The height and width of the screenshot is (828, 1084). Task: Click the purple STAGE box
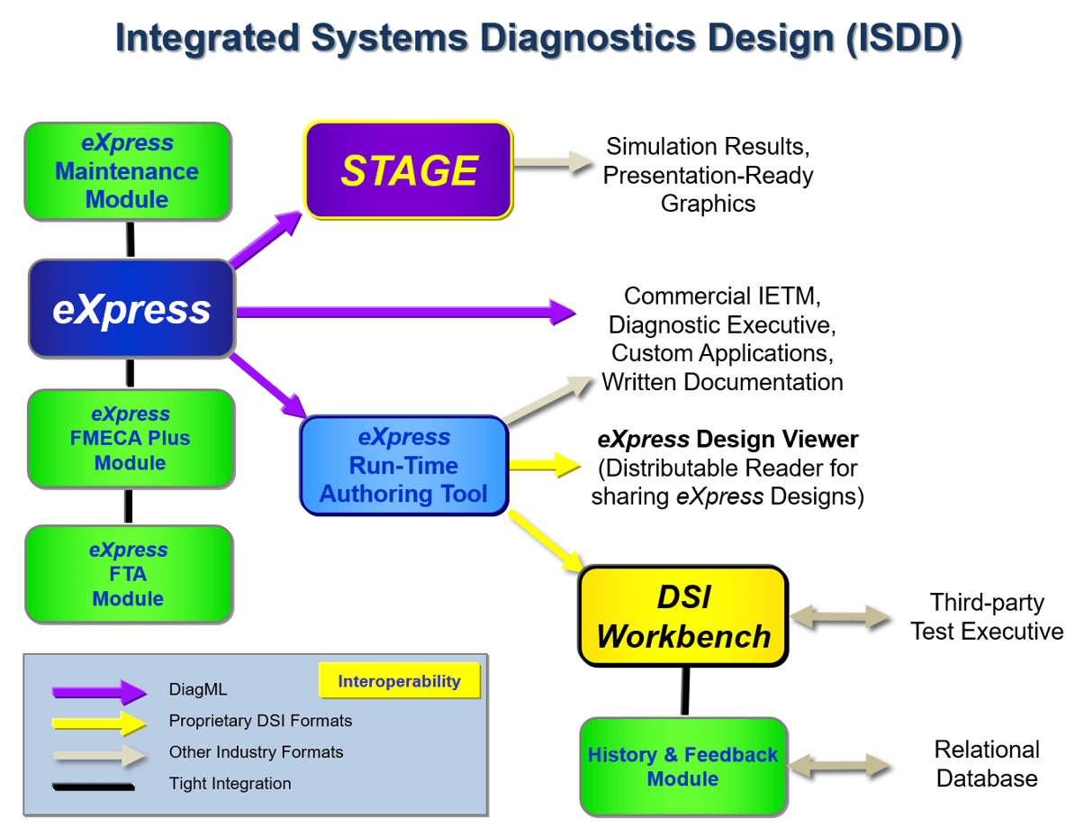(409, 170)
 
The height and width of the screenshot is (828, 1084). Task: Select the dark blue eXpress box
(131, 309)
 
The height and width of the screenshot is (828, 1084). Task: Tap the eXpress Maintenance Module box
(127, 171)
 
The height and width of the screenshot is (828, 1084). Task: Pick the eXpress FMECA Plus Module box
(131, 439)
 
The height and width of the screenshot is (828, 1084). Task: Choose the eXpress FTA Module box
(128, 574)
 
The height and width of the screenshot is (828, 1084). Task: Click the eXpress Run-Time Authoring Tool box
(403, 466)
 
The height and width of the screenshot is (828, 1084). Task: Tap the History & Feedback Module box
(682, 766)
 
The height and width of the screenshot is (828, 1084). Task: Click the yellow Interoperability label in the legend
(399, 681)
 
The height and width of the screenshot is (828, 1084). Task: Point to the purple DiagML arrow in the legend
(99, 692)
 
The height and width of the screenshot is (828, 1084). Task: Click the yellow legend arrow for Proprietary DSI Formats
(99, 723)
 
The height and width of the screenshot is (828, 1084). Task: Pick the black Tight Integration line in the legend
(94, 786)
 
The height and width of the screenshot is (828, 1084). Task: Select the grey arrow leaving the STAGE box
(553, 164)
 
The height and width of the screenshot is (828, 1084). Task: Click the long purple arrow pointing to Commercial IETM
(405, 313)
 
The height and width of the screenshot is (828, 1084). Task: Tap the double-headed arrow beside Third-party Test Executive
(840, 617)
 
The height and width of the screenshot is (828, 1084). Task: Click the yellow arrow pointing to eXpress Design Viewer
(544, 465)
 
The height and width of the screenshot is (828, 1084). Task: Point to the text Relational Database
(987, 764)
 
